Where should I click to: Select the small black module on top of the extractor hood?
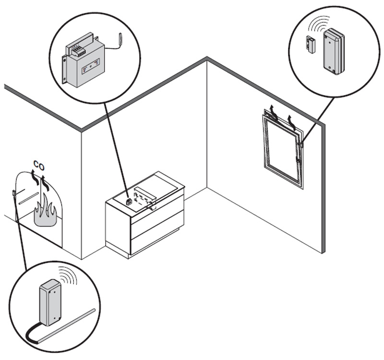[x=129, y=201]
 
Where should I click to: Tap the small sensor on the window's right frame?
[x=301, y=143]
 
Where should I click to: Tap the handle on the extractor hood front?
[x=151, y=207]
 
